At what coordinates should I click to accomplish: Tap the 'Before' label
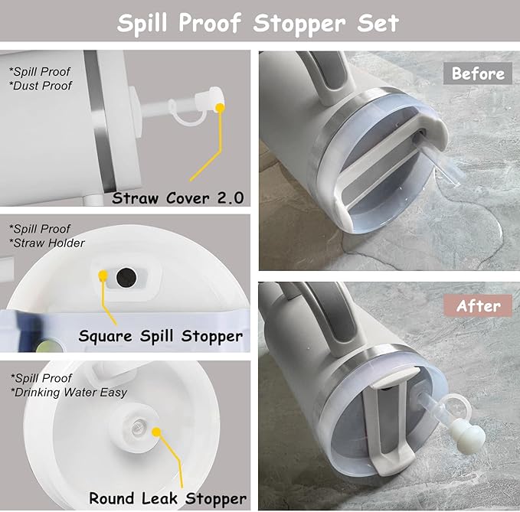coord(478,73)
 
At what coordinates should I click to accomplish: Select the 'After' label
coord(479,305)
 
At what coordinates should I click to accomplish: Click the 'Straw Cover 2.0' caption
coord(178,198)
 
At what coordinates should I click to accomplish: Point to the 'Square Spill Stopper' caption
coord(161,336)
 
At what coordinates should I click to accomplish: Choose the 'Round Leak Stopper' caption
coord(168,497)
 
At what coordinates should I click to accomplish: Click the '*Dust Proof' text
coord(41,86)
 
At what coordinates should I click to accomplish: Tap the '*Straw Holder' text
coord(47,243)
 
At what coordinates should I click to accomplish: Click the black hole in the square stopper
coord(123,274)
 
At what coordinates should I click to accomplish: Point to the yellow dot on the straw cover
coord(221,106)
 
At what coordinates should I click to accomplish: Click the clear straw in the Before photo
coord(440,165)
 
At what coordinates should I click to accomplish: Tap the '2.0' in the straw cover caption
coord(229,198)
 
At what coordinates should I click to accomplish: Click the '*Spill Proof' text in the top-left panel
coord(41,72)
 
